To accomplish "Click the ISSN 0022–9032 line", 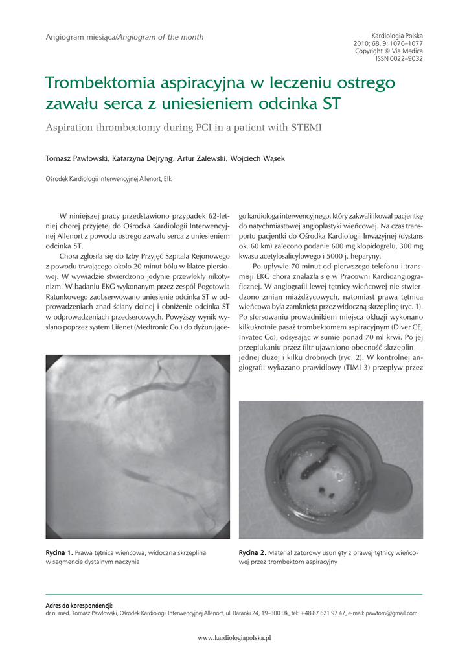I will click(399, 58).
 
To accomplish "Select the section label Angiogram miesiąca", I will click(80, 37).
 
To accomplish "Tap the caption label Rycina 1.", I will click(59, 552).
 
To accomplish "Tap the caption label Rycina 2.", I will click(253, 552).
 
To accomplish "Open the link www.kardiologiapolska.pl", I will click(234, 637).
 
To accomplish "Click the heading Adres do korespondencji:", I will click(79, 605).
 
